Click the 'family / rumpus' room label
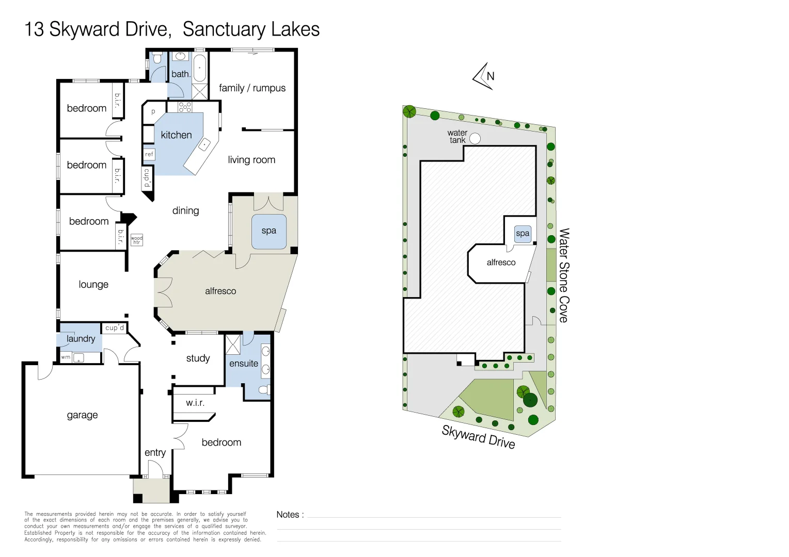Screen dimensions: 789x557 252,88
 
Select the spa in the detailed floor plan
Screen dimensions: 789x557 269,231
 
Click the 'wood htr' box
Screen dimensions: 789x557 137,240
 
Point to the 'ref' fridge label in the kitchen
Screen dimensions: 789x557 149,154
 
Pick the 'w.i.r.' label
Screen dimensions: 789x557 195,402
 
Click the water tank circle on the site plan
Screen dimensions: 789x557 475,139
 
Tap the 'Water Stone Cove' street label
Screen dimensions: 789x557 564,275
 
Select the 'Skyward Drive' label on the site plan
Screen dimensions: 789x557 478,437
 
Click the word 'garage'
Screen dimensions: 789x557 82,415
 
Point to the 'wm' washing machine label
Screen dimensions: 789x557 66,357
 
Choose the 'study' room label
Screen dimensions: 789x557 198,358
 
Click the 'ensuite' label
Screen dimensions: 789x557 244,364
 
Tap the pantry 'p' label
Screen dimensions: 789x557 153,112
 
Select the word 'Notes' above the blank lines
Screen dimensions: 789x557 288,514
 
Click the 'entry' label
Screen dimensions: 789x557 155,453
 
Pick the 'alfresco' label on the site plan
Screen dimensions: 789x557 501,263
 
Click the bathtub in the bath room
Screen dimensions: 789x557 200,68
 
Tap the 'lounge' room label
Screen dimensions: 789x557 93,284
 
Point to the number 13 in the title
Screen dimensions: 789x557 34,29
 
